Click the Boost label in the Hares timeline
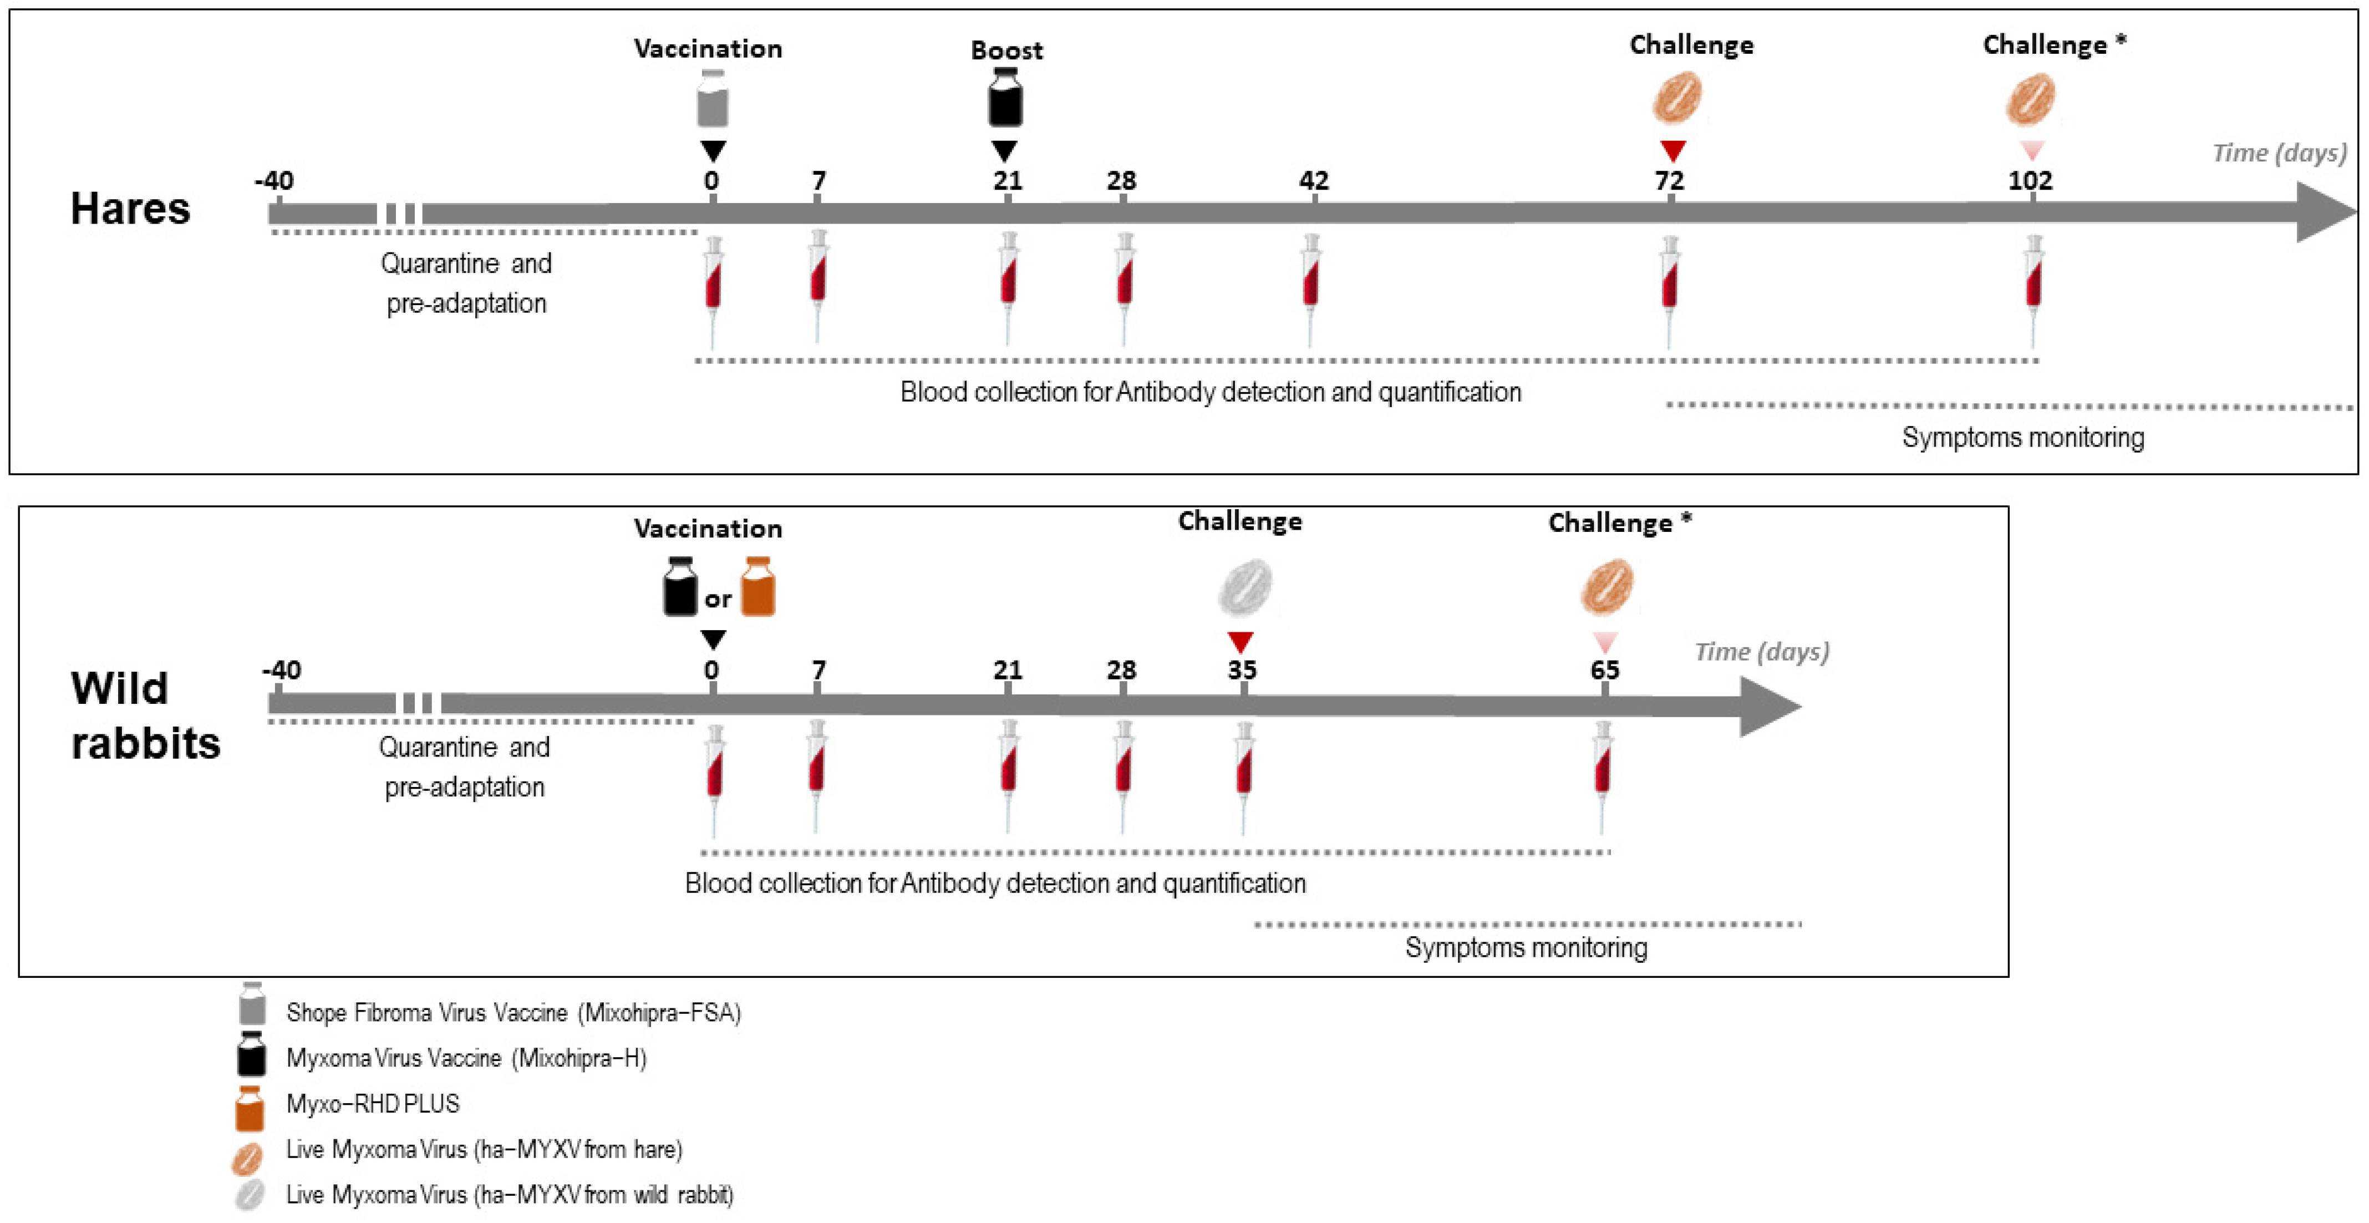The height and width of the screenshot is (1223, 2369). click(1006, 50)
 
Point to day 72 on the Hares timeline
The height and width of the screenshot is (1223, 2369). click(1669, 180)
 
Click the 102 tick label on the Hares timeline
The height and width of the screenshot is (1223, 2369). click(2030, 180)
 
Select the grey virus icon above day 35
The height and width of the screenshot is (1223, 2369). click(1245, 587)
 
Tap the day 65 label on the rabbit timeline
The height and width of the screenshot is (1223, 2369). click(1605, 669)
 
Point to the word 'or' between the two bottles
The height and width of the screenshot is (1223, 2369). click(718, 600)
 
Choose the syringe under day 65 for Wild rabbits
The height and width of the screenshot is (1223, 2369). click(1603, 773)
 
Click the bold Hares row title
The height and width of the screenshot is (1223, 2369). click(130, 209)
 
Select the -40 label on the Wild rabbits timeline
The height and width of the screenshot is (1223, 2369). click(281, 669)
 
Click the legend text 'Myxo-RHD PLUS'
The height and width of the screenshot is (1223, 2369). click(373, 1103)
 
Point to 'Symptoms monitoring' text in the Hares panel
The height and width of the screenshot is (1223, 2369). click(2022, 437)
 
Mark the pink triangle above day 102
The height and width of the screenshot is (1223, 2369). click(2031, 150)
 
